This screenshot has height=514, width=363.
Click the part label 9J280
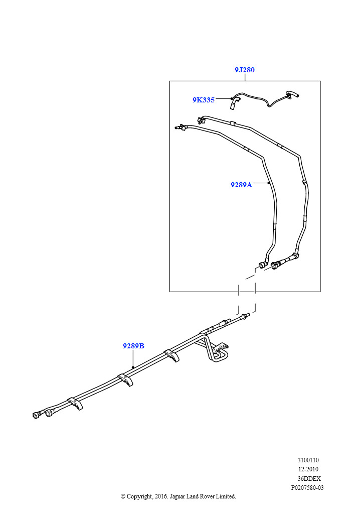(245, 70)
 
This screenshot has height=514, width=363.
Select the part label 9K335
(204, 100)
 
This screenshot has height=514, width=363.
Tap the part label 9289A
(241, 185)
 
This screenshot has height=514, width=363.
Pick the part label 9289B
(133, 346)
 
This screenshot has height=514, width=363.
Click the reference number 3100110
(308, 460)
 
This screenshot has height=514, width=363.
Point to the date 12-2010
(308, 469)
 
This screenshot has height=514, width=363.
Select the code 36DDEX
(309, 478)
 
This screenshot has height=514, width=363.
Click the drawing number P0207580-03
(307, 487)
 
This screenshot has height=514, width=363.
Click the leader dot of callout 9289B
(133, 367)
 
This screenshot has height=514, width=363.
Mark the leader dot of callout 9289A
(269, 184)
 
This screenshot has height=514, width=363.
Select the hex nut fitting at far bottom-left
(37, 415)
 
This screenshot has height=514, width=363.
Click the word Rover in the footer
(207, 496)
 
